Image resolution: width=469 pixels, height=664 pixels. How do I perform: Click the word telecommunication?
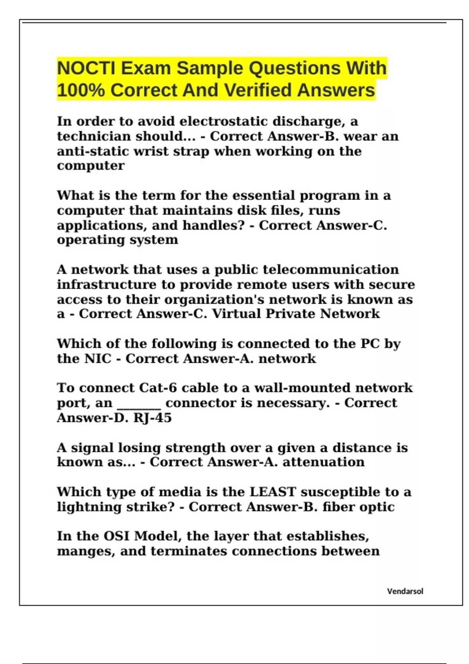(x=331, y=270)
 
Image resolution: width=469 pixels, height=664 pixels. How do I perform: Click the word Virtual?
(x=236, y=314)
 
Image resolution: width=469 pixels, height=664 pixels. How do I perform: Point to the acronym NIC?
(x=98, y=359)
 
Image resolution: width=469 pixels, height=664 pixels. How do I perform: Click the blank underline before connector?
(x=139, y=404)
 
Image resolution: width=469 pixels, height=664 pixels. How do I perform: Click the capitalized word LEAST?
(x=273, y=492)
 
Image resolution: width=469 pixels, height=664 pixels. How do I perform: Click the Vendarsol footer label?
(x=405, y=591)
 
